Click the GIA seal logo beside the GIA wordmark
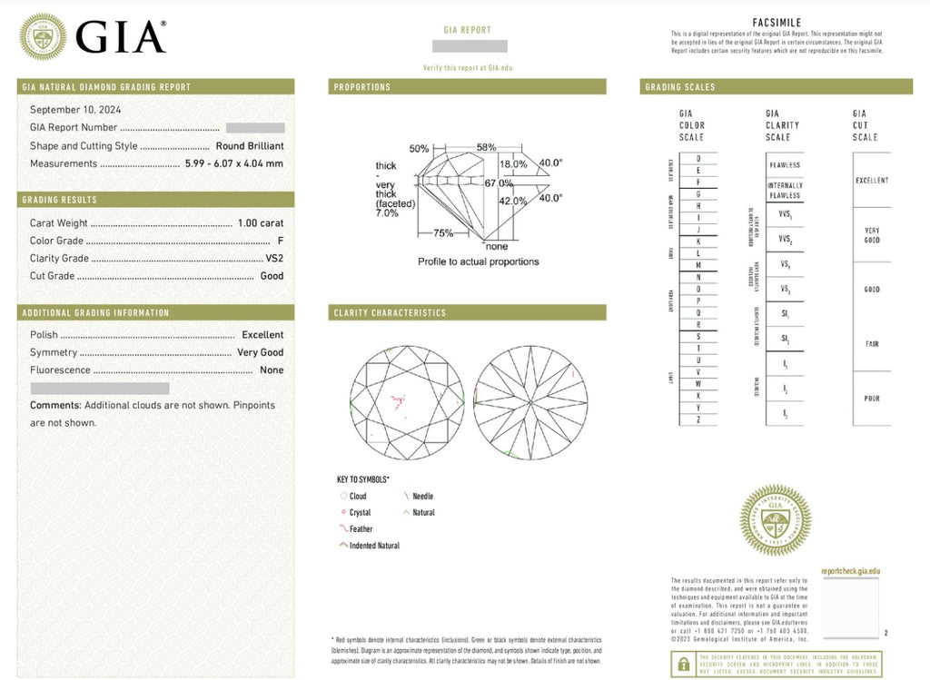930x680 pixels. click(42, 36)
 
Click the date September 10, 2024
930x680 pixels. click(75, 110)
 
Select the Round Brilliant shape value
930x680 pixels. click(249, 146)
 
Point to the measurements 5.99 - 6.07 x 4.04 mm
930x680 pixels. click(233, 163)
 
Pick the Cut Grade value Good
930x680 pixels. click(272, 276)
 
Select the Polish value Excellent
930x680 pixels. click(262, 335)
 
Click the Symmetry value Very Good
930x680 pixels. click(260, 352)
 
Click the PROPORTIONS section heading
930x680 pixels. click(361, 87)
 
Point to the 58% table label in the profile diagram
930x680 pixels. click(486, 147)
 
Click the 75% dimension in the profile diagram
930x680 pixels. click(442, 233)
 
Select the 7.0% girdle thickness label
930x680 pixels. click(387, 212)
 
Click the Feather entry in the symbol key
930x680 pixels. click(361, 529)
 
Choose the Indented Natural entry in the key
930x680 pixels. click(373, 546)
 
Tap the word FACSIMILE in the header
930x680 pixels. click(777, 22)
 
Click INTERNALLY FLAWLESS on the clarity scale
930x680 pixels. click(785, 191)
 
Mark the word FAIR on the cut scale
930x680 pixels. click(871, 344)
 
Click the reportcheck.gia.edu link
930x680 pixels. click(850, 571)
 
